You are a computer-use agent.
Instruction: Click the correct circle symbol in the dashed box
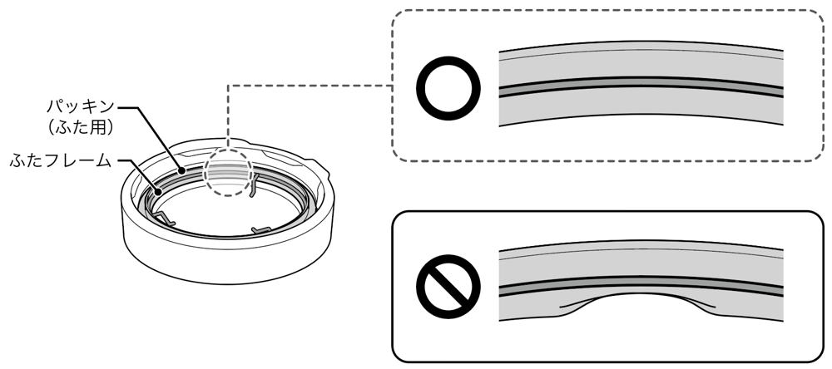pos(450,89)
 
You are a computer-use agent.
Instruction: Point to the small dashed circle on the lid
pos(230,172)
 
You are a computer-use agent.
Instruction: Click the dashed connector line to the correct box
pos(308,86)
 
